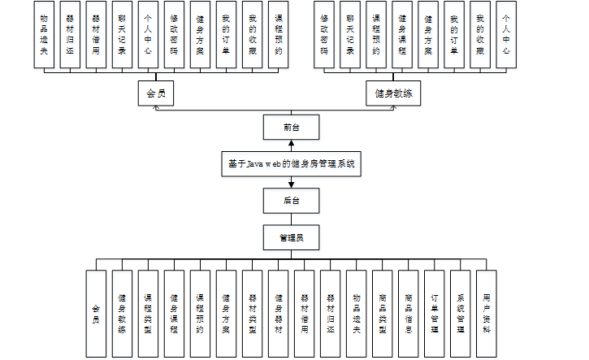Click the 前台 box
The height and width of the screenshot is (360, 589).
point(291,127)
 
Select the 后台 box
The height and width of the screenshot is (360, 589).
point(291,200)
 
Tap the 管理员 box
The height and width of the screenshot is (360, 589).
point(291,237)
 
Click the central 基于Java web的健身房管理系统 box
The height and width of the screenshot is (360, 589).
point(291,163)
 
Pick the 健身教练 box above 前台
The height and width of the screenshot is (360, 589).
point(393,93)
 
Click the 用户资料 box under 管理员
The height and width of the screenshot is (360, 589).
point(486,314)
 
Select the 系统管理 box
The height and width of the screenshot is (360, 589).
point(460,314)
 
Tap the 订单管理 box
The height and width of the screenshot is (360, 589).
point(434,314)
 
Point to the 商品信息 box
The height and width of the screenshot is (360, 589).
point(408,314)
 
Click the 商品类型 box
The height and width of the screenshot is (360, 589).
point(382,314)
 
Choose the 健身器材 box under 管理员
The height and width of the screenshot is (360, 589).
point(278,314)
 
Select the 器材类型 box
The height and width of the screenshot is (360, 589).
point(252,314)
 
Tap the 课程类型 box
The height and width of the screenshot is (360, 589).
point(148,314)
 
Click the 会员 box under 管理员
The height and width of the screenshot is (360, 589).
point(96,314)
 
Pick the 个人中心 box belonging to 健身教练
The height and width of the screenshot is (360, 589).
point(505,33)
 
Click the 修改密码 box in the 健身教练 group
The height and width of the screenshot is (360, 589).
point(324,33)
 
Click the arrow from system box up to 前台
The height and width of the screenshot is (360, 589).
point(291,145)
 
